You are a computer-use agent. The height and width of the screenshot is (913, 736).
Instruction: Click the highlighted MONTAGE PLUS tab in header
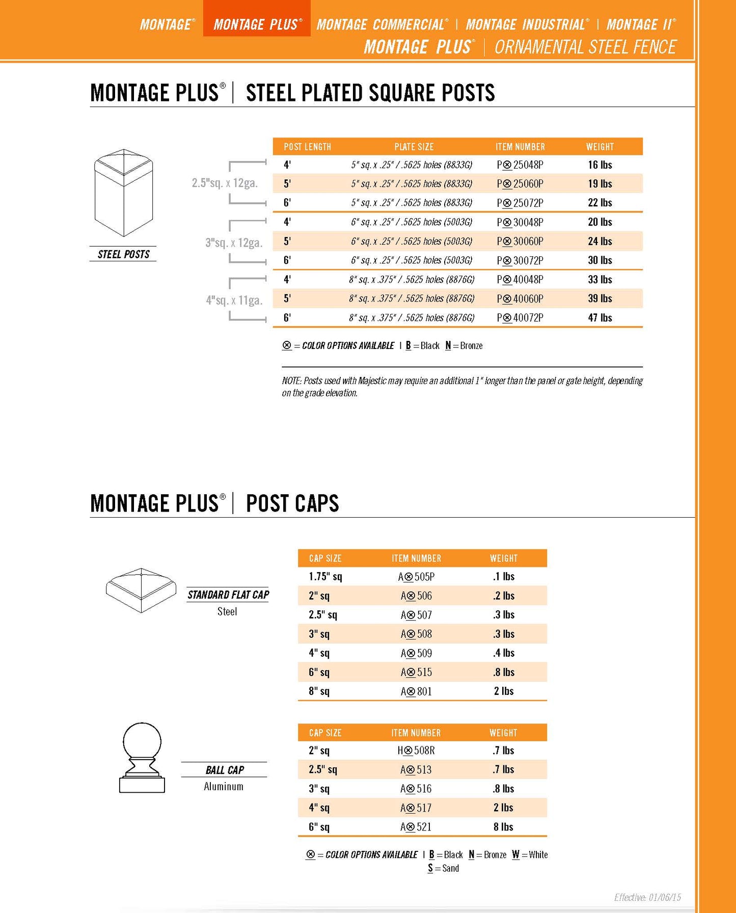tap(257, 24)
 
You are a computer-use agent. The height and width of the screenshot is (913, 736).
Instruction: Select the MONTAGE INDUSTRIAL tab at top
tap(527, 24)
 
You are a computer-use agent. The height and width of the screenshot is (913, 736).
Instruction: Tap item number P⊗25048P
tap(520, 165)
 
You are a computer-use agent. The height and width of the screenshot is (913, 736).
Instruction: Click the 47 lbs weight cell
tap(599, 317)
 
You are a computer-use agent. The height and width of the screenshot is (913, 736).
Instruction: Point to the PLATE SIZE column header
tap(414, 147)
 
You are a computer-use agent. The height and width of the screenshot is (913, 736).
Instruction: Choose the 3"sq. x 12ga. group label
tap(234, 243)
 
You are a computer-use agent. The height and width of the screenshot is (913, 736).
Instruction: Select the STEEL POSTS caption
tap(123, 254)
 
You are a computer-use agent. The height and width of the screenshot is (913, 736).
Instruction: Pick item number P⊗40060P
tap(520, 299)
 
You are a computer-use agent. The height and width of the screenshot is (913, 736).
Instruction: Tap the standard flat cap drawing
tap(141, 590)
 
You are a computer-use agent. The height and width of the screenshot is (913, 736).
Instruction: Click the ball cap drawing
tap(142, 758)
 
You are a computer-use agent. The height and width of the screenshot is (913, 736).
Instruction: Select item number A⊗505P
tap(416, 577)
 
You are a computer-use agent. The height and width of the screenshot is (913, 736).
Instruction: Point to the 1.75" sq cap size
tap(325, 577)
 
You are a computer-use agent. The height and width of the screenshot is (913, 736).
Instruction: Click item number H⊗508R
tap(416, 750)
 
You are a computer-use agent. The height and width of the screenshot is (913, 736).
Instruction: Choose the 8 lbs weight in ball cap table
tap(503, 826)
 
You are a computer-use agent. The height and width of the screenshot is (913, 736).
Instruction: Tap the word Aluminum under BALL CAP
tap(224, 786)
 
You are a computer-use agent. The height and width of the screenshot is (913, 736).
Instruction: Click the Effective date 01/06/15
tap(647, 897)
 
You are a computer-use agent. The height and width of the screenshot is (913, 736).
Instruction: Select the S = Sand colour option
tap(443, 868)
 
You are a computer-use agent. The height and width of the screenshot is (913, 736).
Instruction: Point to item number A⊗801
tap(416, 691)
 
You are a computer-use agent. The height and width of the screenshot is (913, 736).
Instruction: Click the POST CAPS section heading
tap(292, 503)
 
